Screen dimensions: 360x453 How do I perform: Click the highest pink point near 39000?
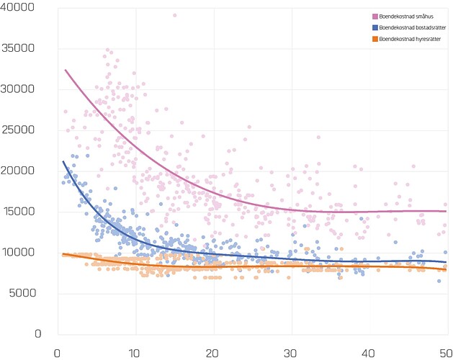[174, 15]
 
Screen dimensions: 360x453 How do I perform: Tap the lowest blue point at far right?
[439, 281]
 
